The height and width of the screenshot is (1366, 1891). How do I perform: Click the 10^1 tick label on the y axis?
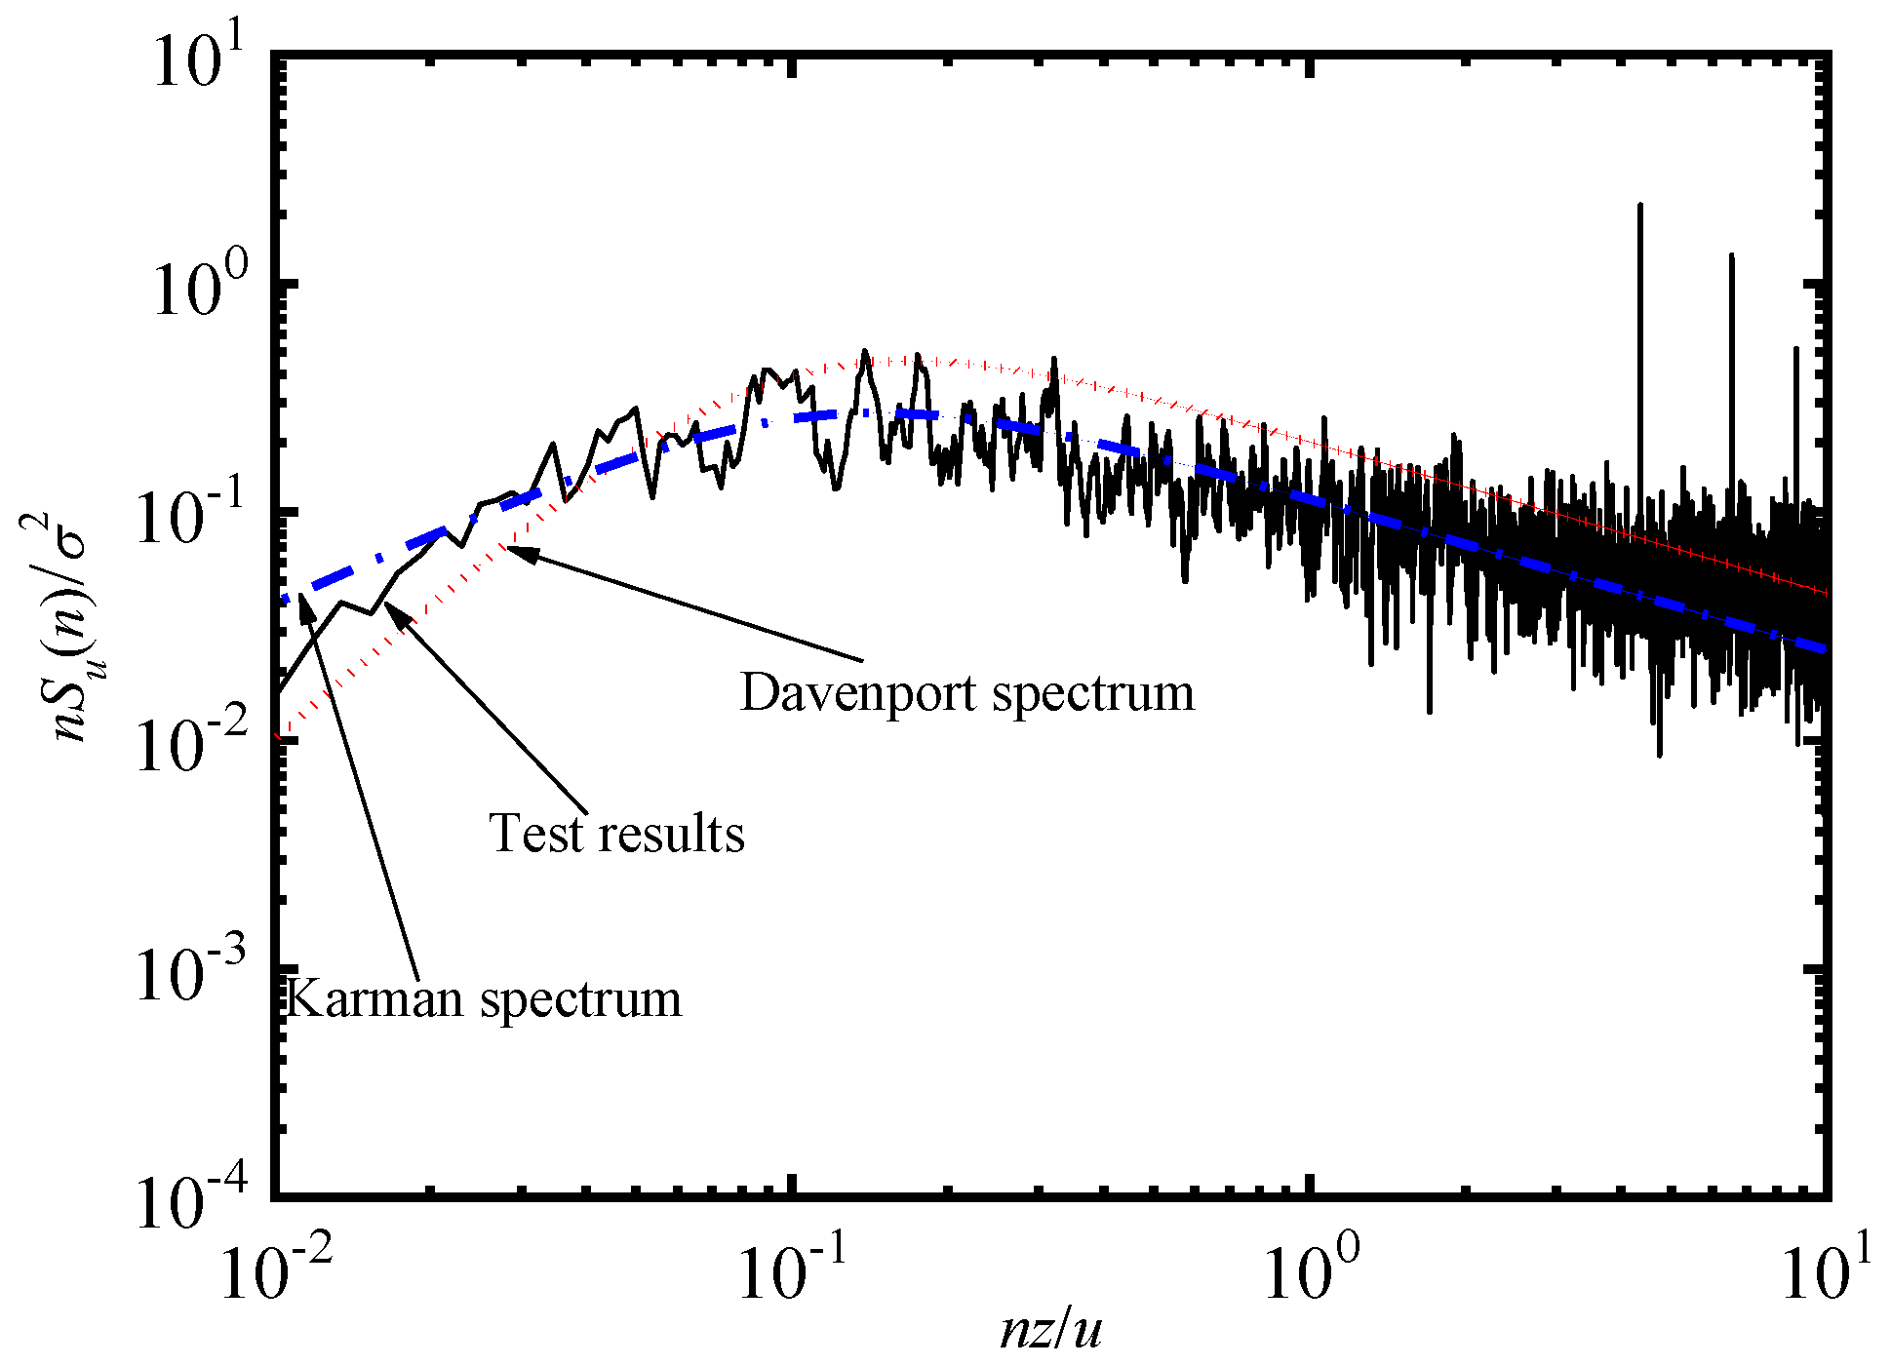[199, 60]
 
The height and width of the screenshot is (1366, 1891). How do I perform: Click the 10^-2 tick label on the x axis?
[276, 1272]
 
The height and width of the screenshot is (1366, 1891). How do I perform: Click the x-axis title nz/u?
[1050, 1328]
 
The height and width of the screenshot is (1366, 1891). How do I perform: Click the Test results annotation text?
[616, 835]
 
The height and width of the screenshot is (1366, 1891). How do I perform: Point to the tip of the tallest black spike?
[1639, 205]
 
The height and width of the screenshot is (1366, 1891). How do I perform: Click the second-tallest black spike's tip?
[1731, 255]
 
